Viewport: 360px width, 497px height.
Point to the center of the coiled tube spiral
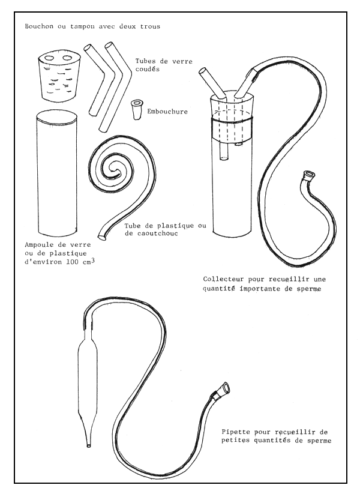click(x=113, y=171)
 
